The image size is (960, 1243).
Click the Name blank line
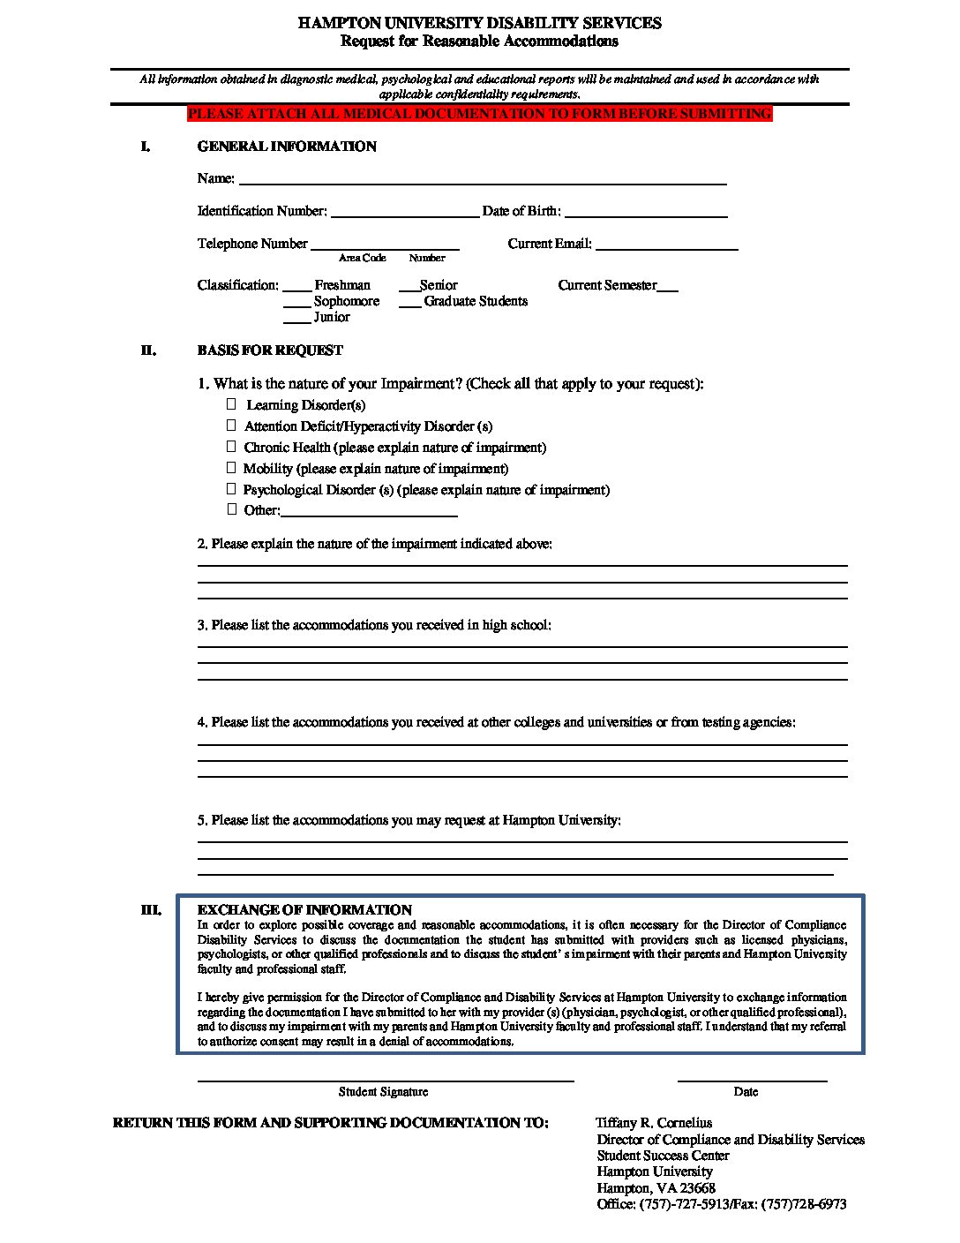pyautogui.click(x=483, y=182)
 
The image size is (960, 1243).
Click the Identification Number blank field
pyautogui.click(x=404, y=215)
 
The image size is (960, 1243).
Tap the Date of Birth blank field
pyautogui.click(x=646, y=215)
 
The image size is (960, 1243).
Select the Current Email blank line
pyautogui.click(x=667, y=248)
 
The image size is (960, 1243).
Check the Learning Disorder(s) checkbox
pyautogui.click(x=232, y=404)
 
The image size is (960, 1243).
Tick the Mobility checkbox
pyautogui.click(x=232, y=468)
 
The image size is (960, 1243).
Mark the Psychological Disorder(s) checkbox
pyautogui.click(x=232, y=489)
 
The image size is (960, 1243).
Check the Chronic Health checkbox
pyautogui.click(x=232, y=447)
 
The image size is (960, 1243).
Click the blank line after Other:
pyautogui.click(x=369, y=514)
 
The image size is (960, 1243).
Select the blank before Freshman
pyautogui.click(x=297, y=289)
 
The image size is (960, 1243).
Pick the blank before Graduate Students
pyautogui.click(x=409, y=305)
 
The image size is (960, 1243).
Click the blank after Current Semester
pyautogui.click(x=668, y=289)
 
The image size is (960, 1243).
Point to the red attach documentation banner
pyautogui.click(x=479, y=114)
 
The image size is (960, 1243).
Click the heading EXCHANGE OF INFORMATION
pyautogui.click(x=304, y=910)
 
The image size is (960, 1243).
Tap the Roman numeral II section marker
pyautogui.click(x=148, y=350)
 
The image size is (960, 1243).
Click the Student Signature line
pyautogui.click(x=385, y=1079)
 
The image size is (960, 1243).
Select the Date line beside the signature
pyautogui.click(x=752, y=1079)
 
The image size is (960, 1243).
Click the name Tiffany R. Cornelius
pyautogui.click(x=654, y=1123)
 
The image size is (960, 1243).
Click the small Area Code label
pyautogui.click(x=362, y=258)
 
